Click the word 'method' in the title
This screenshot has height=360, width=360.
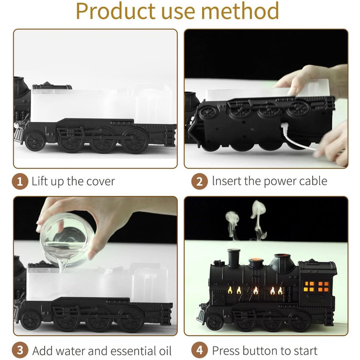pyautogui.click(x=240, y=11)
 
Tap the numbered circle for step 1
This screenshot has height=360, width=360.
pyautogui.click(x=20, y=182)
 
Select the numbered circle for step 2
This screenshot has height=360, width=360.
pyautogui.click(x=200, y=182)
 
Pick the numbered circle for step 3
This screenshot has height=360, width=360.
pyautogui.click(x=20, y=350)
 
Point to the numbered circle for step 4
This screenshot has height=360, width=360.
pyautogui.click(x=200, y=350)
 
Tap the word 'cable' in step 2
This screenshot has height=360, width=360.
pyautogui.click(x=313, y=181)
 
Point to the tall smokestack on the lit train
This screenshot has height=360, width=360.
pyautogui.click(x=234, y=258)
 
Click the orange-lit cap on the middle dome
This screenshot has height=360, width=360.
pyautogui.click(x=256, y=261)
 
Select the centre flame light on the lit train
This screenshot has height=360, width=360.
pyautogui.click(x=256, y=291)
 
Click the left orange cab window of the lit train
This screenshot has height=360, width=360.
pyautogui.click(x=309, y=286)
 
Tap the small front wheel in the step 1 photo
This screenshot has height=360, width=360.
pyautogui.click(x=35, y=141)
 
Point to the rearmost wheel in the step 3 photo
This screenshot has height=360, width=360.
pyautogui.click(x=133, y=319)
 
